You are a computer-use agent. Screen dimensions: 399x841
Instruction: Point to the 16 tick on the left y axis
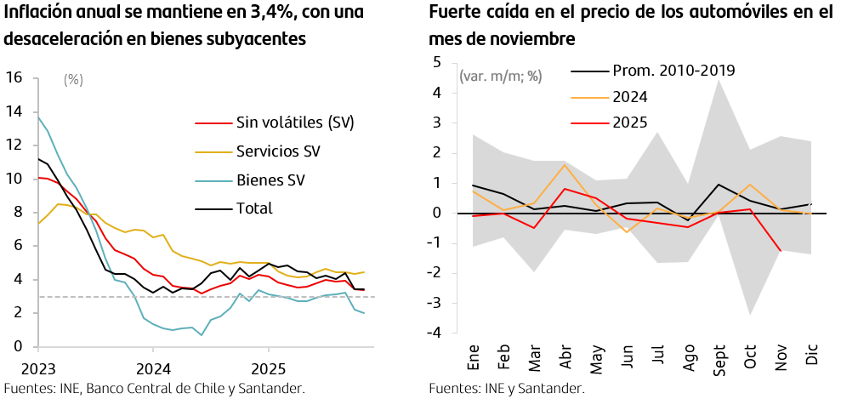(14, 77)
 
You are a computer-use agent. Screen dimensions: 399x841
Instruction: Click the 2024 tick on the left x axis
(153, 370)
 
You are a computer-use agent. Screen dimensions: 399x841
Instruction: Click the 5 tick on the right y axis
(437, 62)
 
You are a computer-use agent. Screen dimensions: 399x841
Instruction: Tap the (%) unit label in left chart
(74, 80)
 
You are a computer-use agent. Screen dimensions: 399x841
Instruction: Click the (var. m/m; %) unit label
(500, 76)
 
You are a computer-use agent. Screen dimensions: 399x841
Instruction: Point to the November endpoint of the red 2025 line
(780, 250)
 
